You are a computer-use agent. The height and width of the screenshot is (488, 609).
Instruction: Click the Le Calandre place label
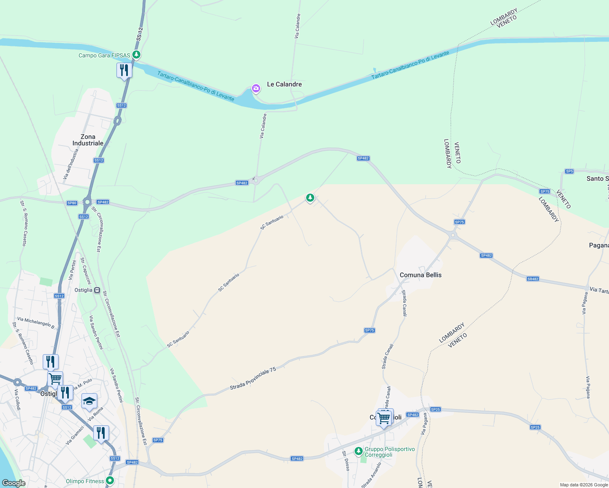[284, 84]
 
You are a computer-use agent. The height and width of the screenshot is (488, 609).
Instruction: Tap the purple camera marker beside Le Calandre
[256, 88]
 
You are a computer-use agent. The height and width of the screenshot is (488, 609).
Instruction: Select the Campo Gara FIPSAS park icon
[137, 54]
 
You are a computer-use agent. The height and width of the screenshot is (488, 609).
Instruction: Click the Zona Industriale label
[88, 140]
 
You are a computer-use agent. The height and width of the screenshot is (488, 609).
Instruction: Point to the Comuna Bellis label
[421, 275]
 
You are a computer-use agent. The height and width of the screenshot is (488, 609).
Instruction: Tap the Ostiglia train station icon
[97, 290]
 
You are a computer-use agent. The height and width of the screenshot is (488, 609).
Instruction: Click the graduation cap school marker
[89, 401]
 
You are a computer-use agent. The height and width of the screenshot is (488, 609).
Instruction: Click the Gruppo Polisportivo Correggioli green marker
[358, 451]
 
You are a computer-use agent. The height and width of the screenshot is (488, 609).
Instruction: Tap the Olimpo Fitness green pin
[110, 481]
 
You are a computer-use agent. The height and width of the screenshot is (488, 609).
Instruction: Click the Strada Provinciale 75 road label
[253, 379]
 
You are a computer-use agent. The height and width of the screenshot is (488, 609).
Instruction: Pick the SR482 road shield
[533, 279]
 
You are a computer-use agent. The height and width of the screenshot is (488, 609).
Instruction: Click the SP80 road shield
[72, 203]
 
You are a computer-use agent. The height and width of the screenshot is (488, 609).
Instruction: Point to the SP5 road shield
[569, 171]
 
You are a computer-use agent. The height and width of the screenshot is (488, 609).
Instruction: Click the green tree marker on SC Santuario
[310, 198]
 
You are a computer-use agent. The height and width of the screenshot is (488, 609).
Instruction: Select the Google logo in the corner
[13, 483]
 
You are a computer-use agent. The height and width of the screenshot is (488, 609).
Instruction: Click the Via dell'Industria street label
[70, 164]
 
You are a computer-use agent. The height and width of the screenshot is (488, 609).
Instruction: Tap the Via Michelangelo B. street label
[36, 322]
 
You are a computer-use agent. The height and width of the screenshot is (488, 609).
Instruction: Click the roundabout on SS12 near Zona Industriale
[118, 120]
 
